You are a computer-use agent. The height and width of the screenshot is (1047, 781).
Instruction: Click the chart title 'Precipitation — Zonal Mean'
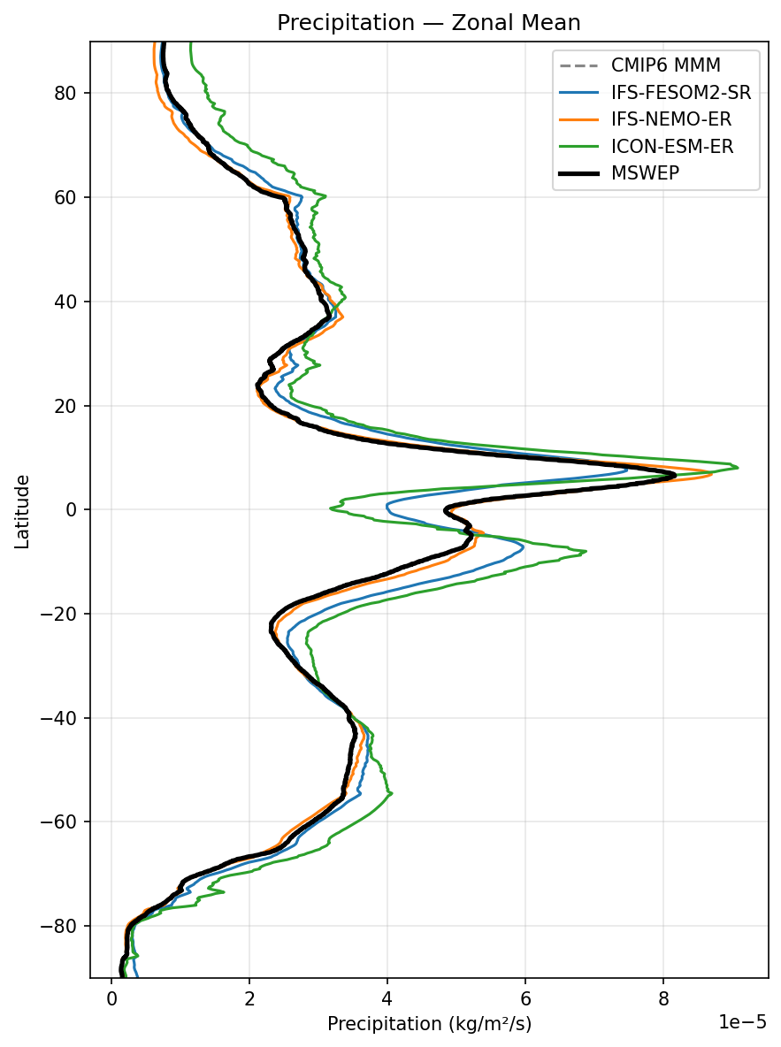(x=429, y=23)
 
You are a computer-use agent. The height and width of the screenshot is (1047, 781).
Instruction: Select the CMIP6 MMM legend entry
(x=665, y=65)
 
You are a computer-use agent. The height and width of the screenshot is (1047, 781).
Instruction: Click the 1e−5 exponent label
(x=741, y=1022)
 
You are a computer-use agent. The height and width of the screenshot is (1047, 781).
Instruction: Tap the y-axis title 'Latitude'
(x=23, y=511)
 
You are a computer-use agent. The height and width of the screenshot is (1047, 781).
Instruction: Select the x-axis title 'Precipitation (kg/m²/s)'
(x=429, y=1024)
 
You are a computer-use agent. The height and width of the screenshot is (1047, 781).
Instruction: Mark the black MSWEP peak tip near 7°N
(x=675, y=475)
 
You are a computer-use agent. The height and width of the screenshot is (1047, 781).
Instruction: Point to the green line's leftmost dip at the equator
(x=331, y=508)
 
